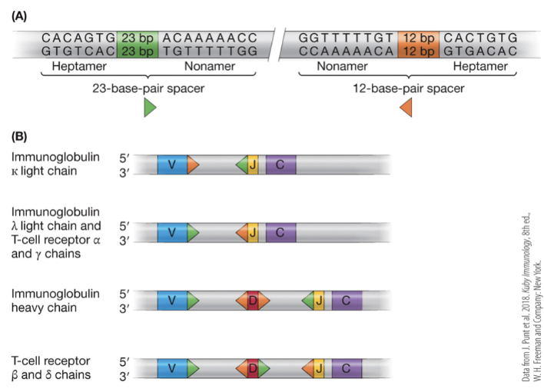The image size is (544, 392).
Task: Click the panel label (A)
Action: point(21,15)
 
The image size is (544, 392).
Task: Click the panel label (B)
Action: point(21,138)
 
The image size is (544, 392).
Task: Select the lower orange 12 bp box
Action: point(418,51)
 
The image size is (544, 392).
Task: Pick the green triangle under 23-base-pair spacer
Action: point(150,108)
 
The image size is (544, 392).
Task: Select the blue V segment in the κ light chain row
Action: point(171,164)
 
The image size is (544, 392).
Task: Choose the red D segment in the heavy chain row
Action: point(253,301)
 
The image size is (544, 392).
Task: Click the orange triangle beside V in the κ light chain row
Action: point(192,164)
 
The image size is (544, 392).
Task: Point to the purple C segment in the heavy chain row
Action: point(347,301)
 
